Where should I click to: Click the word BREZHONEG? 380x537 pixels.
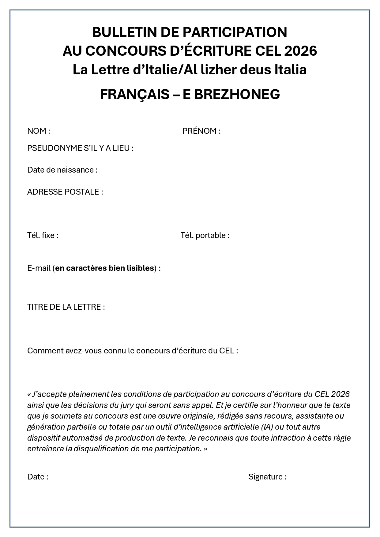231,94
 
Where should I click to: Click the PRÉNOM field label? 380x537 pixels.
201,131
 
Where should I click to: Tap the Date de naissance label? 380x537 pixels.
62,170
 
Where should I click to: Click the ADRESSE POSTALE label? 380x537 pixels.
65,192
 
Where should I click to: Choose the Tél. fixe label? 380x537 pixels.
43,235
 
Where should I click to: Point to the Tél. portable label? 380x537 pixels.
205,235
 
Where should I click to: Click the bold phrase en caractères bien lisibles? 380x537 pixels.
104,268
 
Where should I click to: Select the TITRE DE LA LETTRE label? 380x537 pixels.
66,307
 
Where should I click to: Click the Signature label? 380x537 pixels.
267,477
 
